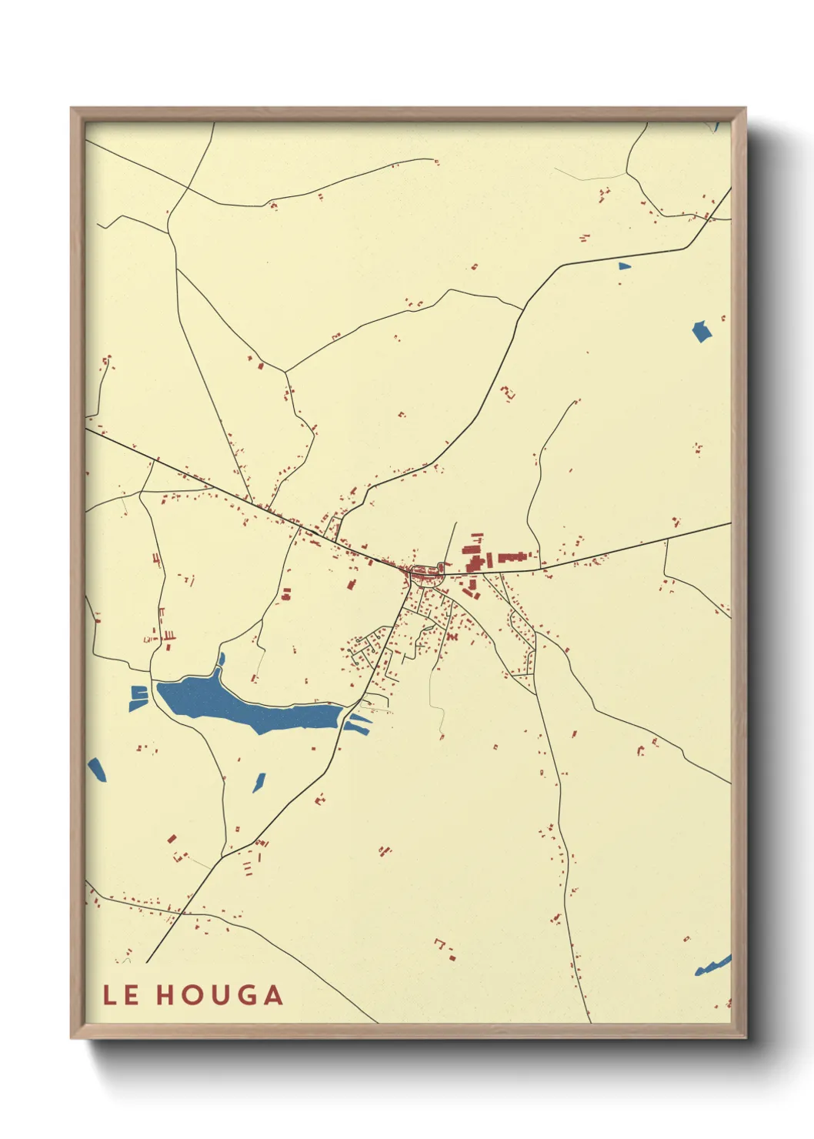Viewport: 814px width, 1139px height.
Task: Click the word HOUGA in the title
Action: point(220,995)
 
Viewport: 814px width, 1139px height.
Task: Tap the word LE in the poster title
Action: point(121,995)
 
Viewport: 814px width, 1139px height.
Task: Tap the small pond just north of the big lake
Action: point(222,660)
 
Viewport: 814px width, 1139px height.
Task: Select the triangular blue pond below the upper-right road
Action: point(623,266)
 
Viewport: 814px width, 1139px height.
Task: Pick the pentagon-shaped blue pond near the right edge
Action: point(702,332)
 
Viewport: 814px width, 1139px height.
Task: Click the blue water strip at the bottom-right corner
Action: point(713,965)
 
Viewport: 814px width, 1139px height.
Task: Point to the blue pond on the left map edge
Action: point(97,769)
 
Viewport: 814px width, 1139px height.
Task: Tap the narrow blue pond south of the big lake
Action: point(259,782)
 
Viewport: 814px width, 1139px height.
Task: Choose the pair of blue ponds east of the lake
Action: point(358,723)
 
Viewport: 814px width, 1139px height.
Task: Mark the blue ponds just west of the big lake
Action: point(138,697)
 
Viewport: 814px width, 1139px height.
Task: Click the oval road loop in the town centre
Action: point(422,572)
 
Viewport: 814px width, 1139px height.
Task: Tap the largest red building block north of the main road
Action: point(472,549)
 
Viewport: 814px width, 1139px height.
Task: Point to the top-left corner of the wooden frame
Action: point(72,109)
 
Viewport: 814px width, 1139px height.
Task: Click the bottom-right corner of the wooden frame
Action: point(745,1037)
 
